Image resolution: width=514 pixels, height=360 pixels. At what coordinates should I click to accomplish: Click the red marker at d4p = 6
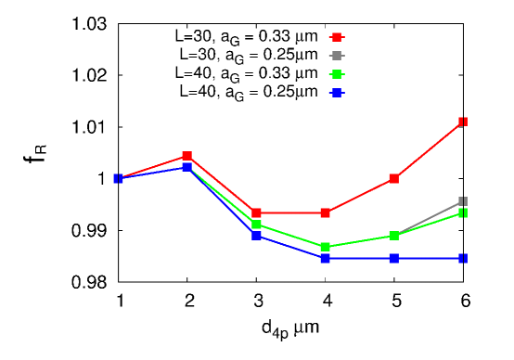[463, 122]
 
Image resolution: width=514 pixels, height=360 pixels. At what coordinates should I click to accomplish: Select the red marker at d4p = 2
[187, 156]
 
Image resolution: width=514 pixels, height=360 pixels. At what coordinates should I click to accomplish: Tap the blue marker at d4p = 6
[463, 258]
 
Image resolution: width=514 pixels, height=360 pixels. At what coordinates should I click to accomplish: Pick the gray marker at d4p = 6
[463, 201]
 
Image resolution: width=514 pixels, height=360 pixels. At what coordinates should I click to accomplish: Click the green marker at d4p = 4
[325, 247]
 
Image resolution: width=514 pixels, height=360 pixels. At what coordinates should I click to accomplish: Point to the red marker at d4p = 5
[394, 178]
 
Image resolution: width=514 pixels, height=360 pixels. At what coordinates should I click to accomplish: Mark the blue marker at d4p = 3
[256, 236]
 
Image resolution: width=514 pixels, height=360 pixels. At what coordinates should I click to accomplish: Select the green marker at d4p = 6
[463, 213]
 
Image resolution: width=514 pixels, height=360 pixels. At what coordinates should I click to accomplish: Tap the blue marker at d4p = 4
[325, 258]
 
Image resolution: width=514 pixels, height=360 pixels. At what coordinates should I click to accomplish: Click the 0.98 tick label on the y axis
[89, 282]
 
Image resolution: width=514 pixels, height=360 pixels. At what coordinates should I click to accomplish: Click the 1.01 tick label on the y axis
[89, 127]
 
